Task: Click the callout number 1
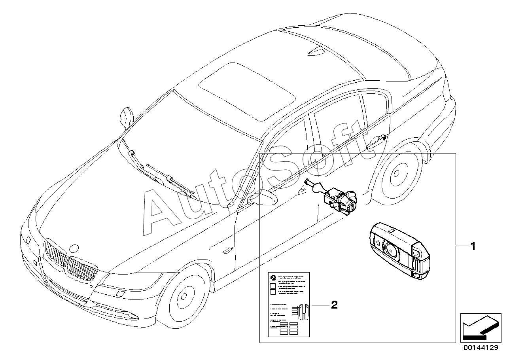click(472, 246)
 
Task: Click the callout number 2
click(334, 305)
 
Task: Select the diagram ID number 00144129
click(481, 348)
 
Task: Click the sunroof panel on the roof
click(247, 91)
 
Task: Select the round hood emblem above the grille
click(74, 249)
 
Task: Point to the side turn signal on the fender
click(229, 250)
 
